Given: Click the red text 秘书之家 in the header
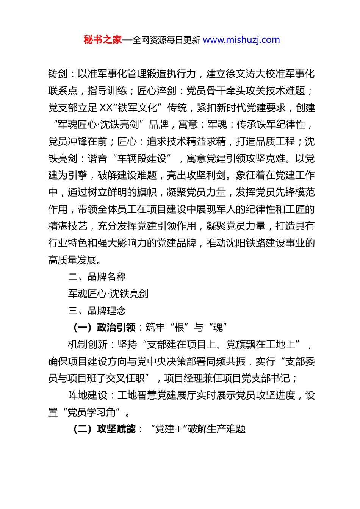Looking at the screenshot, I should coord(103,40).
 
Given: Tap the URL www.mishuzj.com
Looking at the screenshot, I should coord(241,40).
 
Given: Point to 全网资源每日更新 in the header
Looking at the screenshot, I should coord(166,40).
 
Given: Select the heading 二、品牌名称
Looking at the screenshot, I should coord(97,277).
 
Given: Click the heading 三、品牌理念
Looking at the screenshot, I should coord(97,311).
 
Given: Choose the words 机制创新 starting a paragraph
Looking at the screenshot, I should coord(88,345).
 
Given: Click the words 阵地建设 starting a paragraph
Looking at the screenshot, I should coord(88,395).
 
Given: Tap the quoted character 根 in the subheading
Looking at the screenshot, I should coord(179,328).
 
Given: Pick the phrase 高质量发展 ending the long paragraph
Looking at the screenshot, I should coord(72,260).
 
